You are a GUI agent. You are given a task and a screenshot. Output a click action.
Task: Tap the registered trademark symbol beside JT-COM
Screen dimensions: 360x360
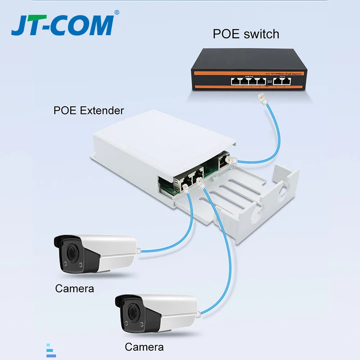[x=117, y=13]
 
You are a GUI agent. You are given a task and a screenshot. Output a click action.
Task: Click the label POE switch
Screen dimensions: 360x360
[x=246, y=34]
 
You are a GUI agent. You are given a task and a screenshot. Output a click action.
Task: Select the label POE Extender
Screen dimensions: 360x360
[x=88, y=110]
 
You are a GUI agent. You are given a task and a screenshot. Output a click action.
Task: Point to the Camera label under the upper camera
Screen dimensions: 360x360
[x=75, y=288]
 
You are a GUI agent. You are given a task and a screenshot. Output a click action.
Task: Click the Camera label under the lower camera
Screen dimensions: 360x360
[x=144, y=347]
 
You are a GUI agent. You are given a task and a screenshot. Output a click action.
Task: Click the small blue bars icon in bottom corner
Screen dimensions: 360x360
[x=51, y=351]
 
